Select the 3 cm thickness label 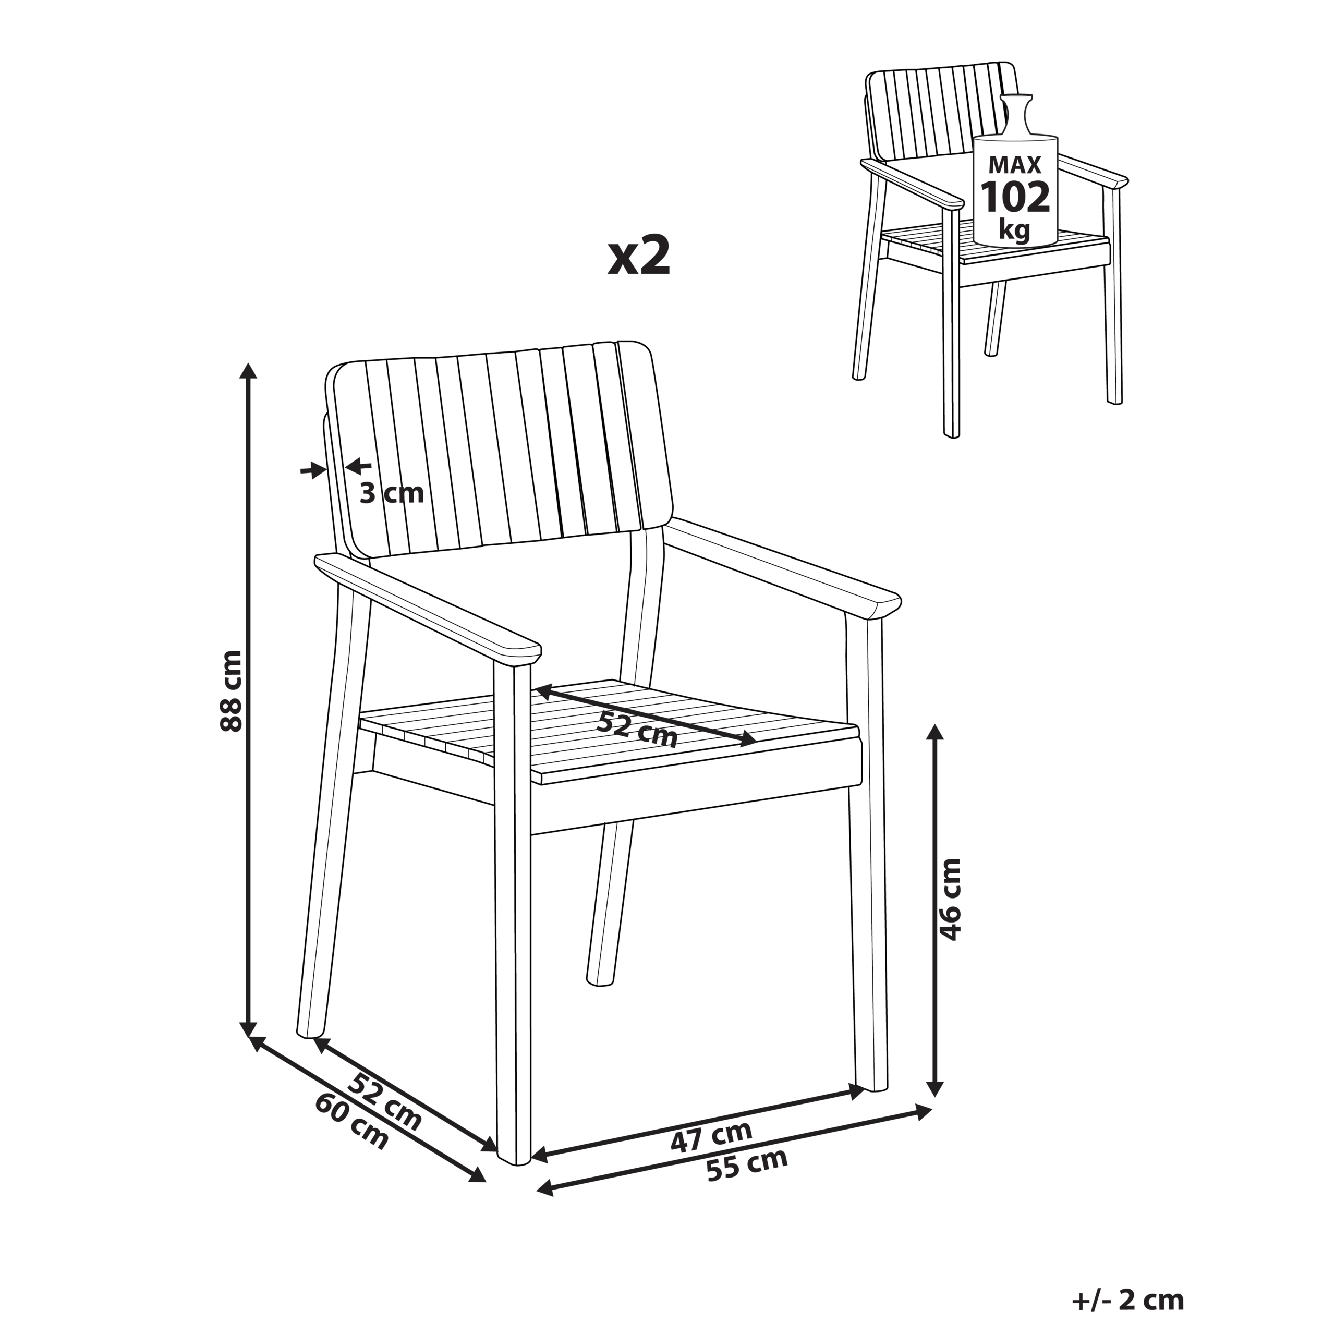392,493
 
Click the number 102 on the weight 1015,197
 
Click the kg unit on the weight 1014,229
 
